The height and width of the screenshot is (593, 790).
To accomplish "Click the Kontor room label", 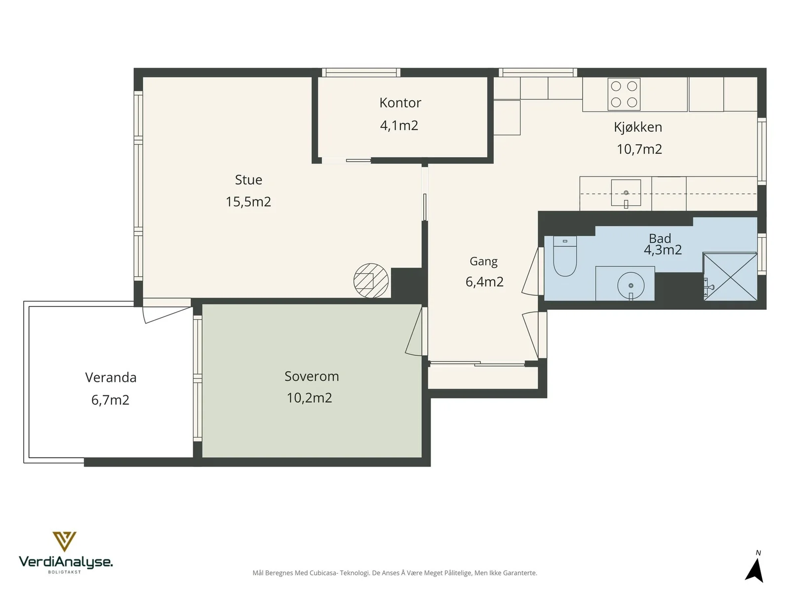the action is point(400,103).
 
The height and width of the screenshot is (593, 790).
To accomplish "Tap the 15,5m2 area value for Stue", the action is point(248,202).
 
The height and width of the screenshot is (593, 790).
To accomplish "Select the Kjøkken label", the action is point(638,127).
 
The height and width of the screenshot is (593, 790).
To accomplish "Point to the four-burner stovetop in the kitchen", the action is point(624,94).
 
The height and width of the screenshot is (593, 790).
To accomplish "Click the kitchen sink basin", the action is point(626,193).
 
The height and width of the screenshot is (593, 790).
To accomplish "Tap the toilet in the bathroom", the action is point(565,256).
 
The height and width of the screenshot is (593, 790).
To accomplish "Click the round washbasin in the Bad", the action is point(631,286).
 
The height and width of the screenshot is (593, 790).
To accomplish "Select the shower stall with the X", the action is point(730,277).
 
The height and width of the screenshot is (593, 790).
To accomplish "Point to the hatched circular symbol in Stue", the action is point(371,281).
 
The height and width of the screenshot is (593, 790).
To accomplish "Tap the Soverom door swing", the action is point(414,331).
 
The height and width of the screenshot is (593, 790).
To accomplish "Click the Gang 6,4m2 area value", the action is point(484,282).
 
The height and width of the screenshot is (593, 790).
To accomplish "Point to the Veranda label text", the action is point(111,378).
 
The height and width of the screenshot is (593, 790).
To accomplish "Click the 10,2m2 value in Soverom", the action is point(309,398).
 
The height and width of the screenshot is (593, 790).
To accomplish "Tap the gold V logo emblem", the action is point(64,541).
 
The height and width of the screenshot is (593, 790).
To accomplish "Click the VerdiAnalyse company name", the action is point(66,562).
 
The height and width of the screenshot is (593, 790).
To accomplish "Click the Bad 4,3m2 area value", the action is point(663,250).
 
